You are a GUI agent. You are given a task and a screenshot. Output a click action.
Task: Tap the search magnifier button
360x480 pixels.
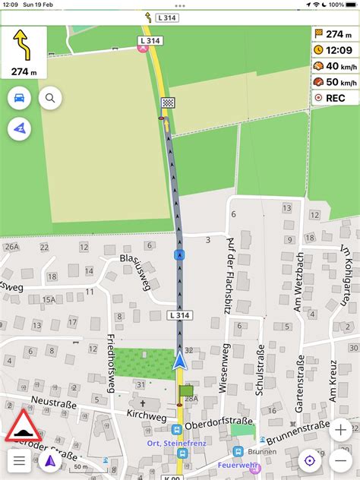pyautogui.click(x=50, y=98)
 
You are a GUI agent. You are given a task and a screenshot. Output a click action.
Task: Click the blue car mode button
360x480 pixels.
pyautogui.click(x=20, y=98)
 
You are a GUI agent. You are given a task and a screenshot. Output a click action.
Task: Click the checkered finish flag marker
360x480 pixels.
pyautogui.click(x=168, y=103)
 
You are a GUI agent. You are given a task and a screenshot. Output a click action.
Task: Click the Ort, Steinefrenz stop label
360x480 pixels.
pyautogui.click(x=176, y=443)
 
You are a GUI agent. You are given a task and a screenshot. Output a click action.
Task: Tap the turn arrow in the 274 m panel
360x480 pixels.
pyautogui.click(x=24, y=46)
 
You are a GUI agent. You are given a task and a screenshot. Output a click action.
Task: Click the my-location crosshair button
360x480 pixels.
pyautogui.click(x=309, y=460)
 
